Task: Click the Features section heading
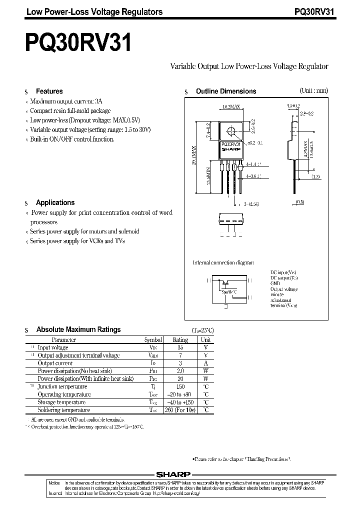point(49,91)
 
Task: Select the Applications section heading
point(55,202)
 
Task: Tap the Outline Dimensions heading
point(225,91)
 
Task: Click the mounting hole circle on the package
point(231,131)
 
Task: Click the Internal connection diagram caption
point(223,262)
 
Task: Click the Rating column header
point(180,340)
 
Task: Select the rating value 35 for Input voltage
point(180,347)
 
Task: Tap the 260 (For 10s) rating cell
point(180,410)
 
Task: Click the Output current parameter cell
point(55,363)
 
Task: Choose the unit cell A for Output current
point(205,363)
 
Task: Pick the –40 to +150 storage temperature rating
point(180,402)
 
